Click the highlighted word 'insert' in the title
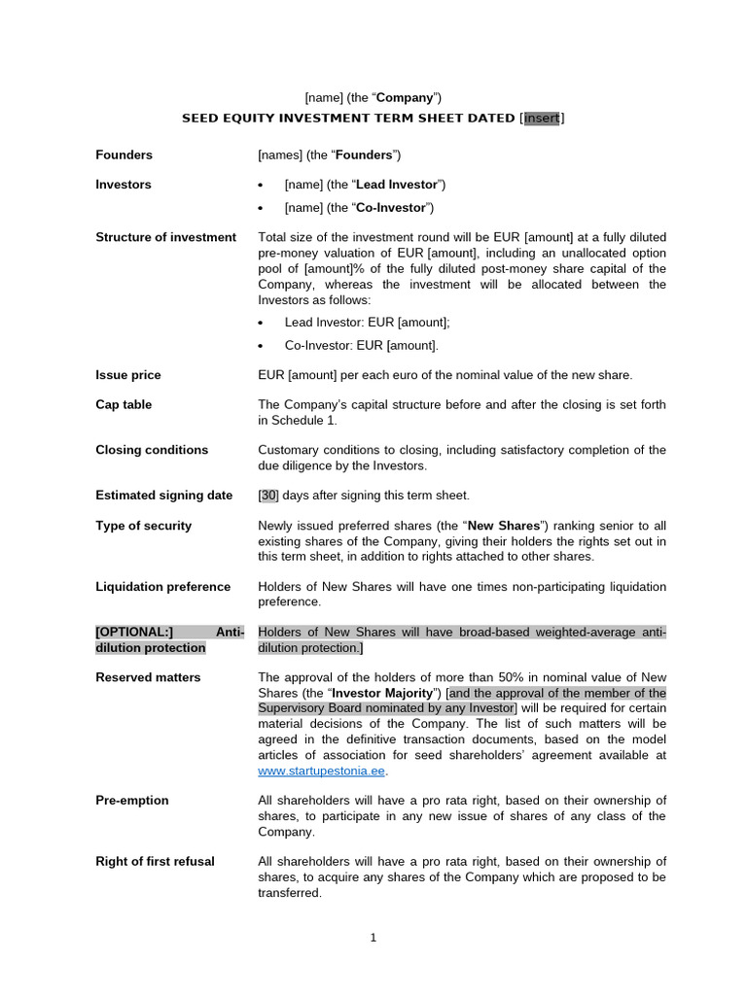(542, 119)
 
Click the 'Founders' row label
(124, 155)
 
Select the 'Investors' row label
(123, 185)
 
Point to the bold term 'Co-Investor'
(391, 208)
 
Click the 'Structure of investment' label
(165, 237)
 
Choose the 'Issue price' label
(128, 375)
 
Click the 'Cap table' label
(124, 405)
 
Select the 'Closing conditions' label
(152, 450)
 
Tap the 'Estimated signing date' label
(163, 496)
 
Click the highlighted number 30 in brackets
(268, 496)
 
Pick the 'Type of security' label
(143, 526)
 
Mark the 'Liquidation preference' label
(162, 587)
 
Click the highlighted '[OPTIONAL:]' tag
(133, 633)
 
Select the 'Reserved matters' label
(148, 677)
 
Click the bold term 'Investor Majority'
(384, 694)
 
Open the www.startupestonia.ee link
(321, 772)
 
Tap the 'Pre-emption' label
(132, 801)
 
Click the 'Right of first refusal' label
(155, 862)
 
